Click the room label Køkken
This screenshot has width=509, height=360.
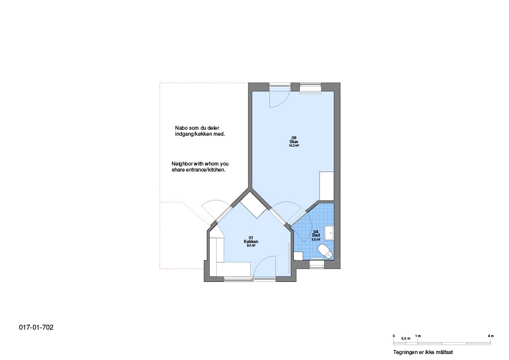click(x=251, y=241)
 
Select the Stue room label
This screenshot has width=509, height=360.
click(x=294, y=142)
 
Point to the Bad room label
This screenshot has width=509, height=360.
click(x=316, y=235)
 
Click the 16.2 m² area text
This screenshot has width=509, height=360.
click(x=294, y=146)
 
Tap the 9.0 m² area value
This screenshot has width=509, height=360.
click(x=251, y=246)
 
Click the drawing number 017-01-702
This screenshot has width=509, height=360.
click(x=36, y=327)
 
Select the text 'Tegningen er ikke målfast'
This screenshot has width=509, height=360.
click(x=423, y=352)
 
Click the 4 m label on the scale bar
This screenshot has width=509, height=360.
click(x=491, y=336)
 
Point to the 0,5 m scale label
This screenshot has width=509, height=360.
click(x=406, y=339)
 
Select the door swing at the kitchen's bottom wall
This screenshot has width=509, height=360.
click(x=264, y=267)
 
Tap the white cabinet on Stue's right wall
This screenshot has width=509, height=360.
click(x=327, y=185)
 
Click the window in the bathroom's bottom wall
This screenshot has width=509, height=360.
click(x=317, y=264)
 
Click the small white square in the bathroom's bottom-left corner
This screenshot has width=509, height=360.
click(x=298, y=256)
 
